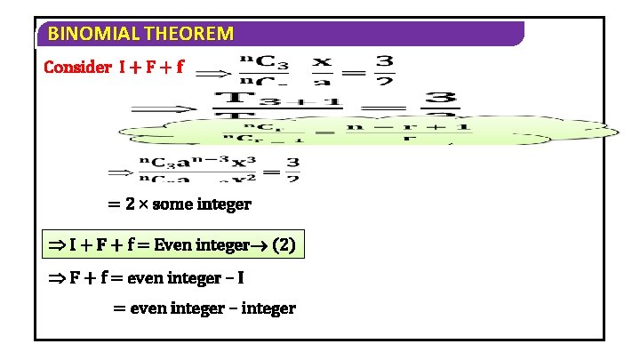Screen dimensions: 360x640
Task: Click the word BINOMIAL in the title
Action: pos(84,35)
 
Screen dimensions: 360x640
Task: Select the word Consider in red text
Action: pos(76,68)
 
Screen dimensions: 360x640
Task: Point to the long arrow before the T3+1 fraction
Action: pos(164,108)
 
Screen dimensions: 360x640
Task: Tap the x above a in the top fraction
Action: pos(322,62)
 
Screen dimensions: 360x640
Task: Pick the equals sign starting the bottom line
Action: pos(119,308)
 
